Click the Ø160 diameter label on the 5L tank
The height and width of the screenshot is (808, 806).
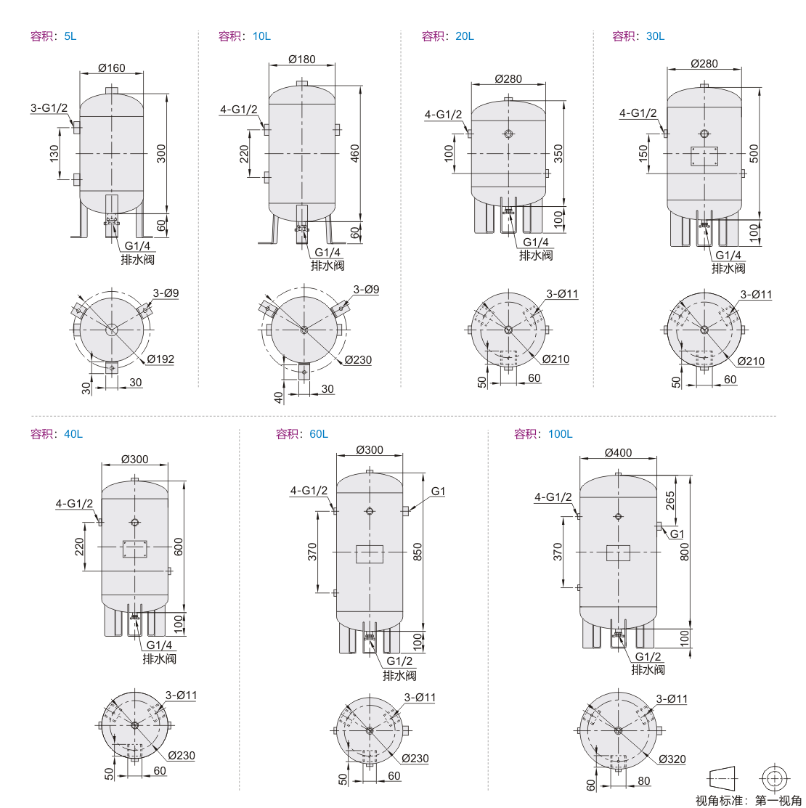(111, 68)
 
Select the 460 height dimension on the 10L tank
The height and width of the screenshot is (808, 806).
(355, 153)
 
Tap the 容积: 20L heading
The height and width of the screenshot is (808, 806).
(447, 36)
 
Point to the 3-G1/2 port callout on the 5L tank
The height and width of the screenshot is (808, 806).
(49, 107)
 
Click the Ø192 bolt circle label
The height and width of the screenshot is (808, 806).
(160, 359)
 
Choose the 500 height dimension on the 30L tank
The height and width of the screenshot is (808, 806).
(754, 153)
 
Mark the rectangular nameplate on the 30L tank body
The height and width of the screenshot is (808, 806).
(704, 156)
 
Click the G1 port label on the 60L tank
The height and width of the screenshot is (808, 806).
(438, 491)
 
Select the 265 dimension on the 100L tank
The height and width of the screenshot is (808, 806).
(670, 500)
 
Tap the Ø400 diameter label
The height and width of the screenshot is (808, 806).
(618, 452)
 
